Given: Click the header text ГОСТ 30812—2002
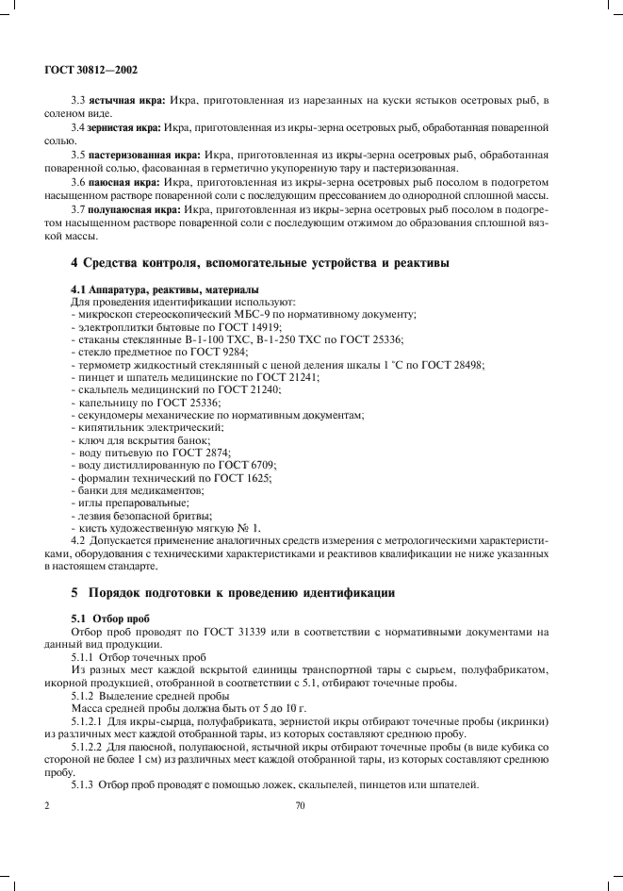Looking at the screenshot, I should [92, 70].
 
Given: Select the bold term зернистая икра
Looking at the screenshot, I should [124, 125].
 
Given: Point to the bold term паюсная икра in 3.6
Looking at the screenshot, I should [123, 178].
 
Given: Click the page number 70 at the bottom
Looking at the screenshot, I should [301, 806].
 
